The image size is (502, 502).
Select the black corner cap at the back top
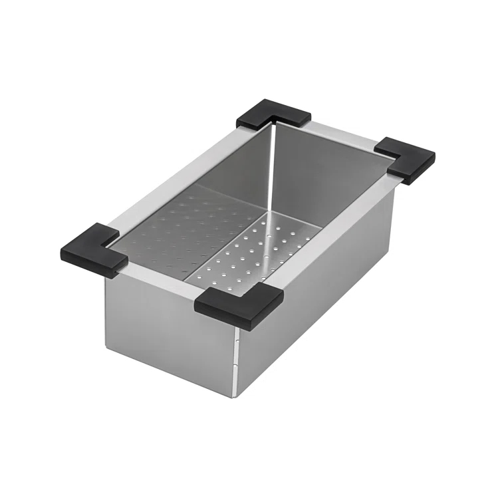point(273,114)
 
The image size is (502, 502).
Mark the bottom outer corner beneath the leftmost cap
point(107,347)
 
